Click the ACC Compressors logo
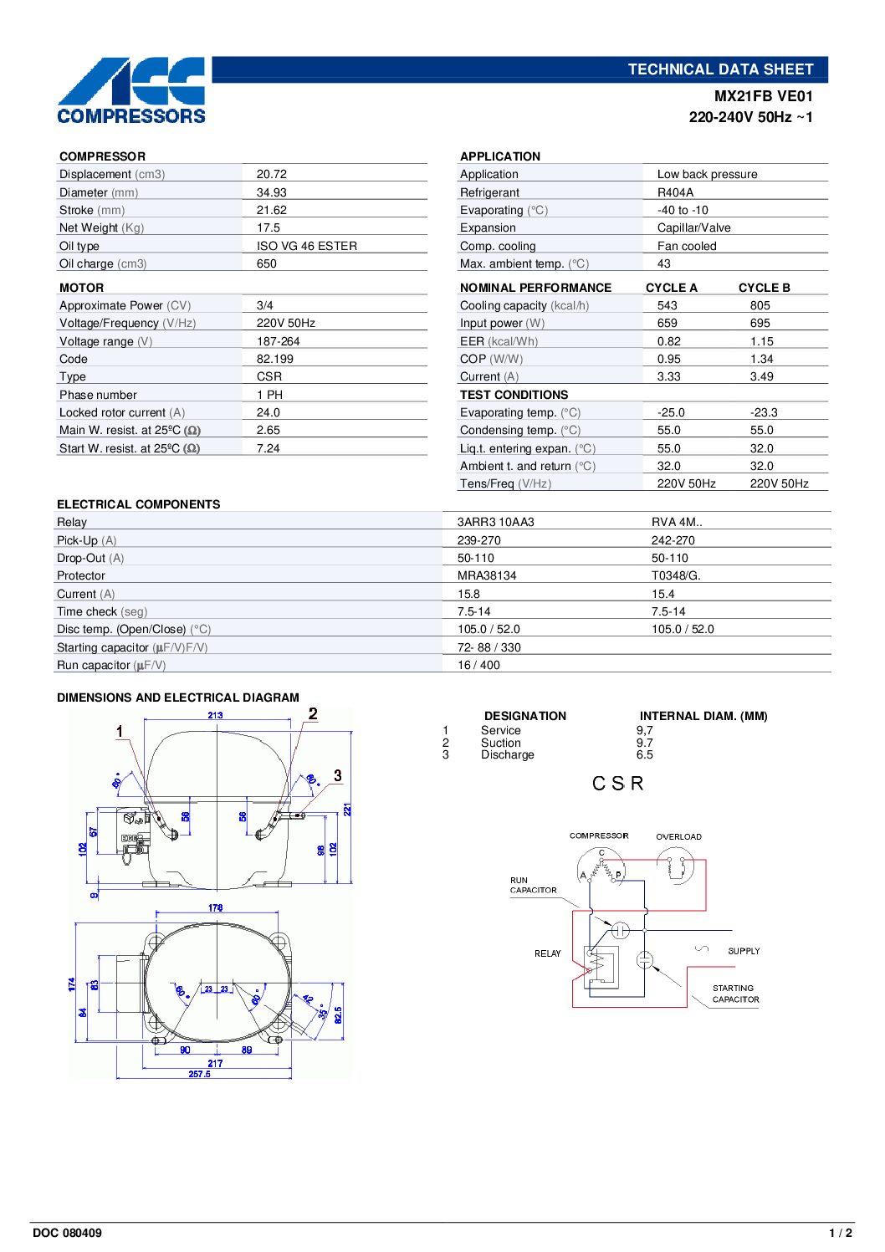click(x=131, y=90)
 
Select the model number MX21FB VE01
click(x=763, y=96)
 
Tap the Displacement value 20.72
click(x=271, y=174)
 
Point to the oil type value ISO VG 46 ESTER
click(x=306, y=246)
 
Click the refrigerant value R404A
click(x=675, y=192)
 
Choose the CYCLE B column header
click(x=764, y=288)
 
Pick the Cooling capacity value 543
click(x=667, y=305)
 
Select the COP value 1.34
click(x=761, y=359)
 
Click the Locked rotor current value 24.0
click(x=268, y=412)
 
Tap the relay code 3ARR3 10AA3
click(x=495, y=522)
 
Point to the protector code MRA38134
click(x=486, y=575)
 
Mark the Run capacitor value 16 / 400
click(x=478, y=665)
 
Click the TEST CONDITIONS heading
click(x=514, y=395)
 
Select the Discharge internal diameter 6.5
click(x=644, y=754)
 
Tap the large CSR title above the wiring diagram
click(x=617, y=784)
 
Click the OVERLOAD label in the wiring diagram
click(x=678, y=836)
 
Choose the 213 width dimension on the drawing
click(x=215, y=715)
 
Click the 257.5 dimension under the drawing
click(x=199, y=1074)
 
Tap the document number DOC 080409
click(x=67, y=1233)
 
